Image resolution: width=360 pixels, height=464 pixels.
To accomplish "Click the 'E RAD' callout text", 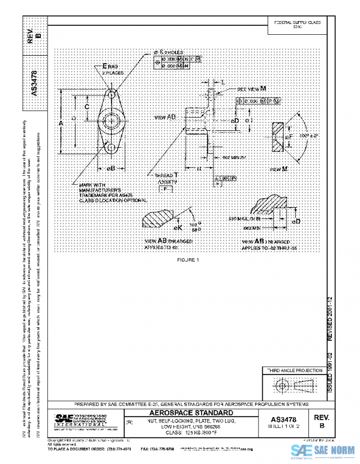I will [x=109, y=65].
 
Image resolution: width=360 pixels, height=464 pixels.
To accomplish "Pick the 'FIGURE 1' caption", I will [x=188, y=259].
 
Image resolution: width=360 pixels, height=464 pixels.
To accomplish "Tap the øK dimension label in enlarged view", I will [x=178, y=228].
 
